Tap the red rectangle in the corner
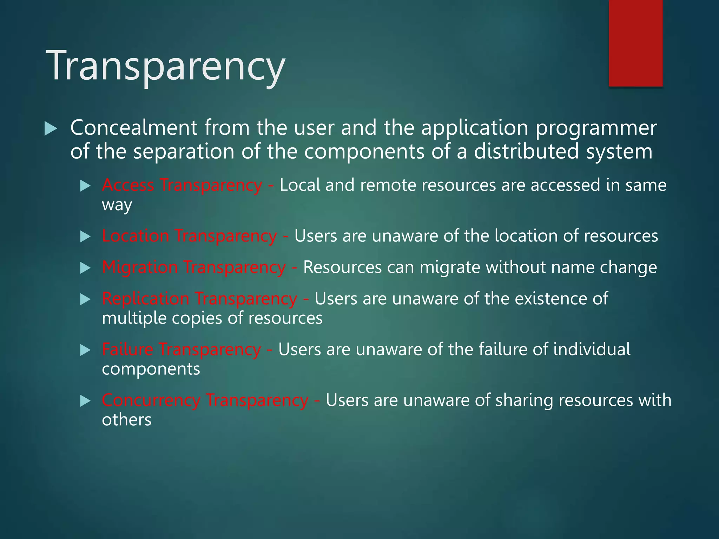coord(635,43)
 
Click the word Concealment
coord(134,128)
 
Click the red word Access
coord(128,185)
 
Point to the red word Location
coord(136,235)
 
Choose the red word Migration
coord(140,267)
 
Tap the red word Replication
coord(145,299)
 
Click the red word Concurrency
coord(151,400)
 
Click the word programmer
coord(596,128)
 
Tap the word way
coord(117,205)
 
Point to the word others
coord(126,420)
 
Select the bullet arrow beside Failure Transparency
coord(85,350)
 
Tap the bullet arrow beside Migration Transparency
coord(85,268)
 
